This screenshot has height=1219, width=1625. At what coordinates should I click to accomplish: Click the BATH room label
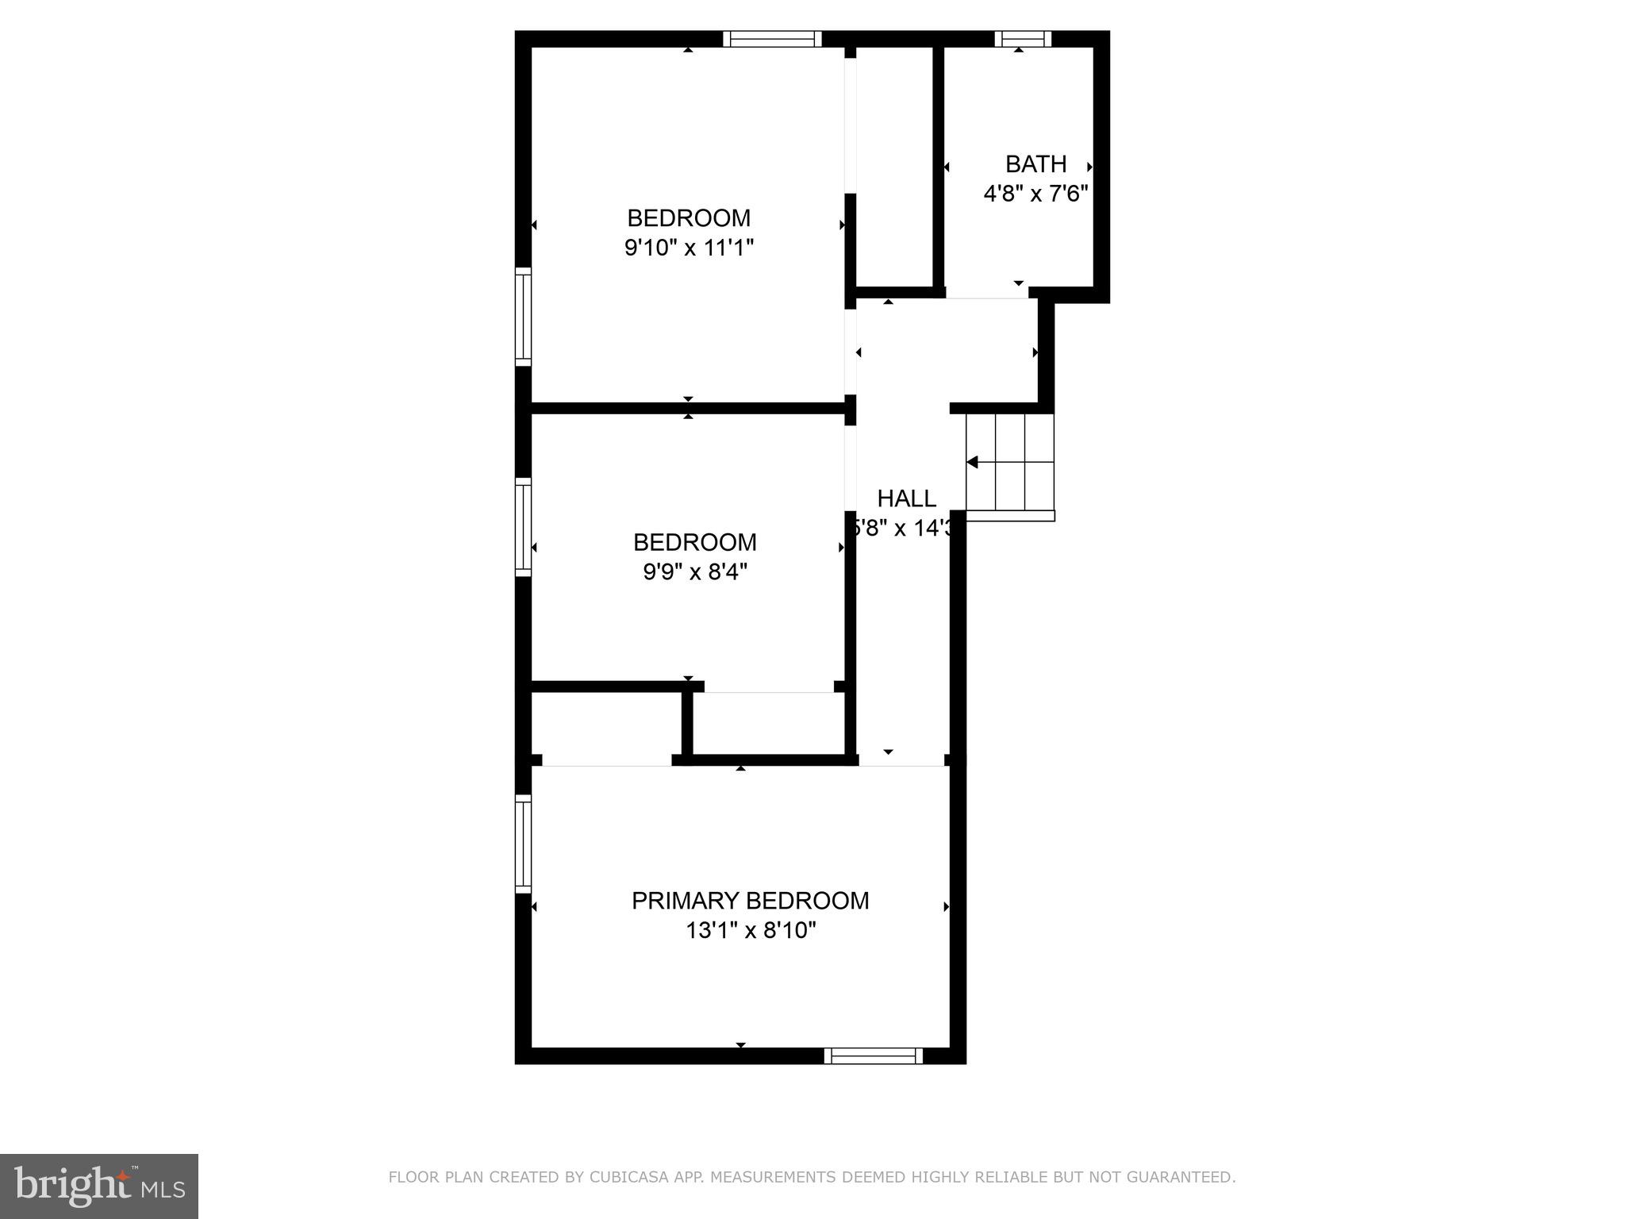pos(1035,164)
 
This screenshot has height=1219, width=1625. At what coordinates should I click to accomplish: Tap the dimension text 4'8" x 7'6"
pos(1035,194)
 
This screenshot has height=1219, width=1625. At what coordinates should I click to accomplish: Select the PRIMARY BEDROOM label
pos(750,901)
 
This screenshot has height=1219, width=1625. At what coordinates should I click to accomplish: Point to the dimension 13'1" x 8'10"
pos(751,930)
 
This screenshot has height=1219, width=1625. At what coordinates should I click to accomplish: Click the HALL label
pos(906,498)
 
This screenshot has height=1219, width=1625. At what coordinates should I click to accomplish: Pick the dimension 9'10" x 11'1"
pos(689,248)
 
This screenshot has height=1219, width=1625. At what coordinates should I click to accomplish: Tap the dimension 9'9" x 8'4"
pos(695,571)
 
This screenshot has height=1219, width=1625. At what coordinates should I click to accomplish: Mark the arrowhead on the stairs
pos(971,462)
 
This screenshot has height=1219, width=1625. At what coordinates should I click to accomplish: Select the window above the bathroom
pos(1023,39)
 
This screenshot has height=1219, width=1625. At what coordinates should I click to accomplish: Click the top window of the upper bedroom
pos(772,39)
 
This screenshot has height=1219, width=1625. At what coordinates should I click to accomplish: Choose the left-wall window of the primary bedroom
pos(523,844)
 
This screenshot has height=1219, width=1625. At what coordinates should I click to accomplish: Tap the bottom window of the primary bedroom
pos(874,1056)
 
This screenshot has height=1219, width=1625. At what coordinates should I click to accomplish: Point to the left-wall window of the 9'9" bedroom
pos(523,527)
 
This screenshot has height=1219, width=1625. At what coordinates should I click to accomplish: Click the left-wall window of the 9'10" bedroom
pos(523,317)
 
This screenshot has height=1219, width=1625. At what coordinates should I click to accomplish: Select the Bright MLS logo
pos(99,1186)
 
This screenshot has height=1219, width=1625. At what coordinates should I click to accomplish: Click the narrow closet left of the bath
pos(894,167)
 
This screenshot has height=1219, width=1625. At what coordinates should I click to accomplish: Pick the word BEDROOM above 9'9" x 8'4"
pos(695,542)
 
